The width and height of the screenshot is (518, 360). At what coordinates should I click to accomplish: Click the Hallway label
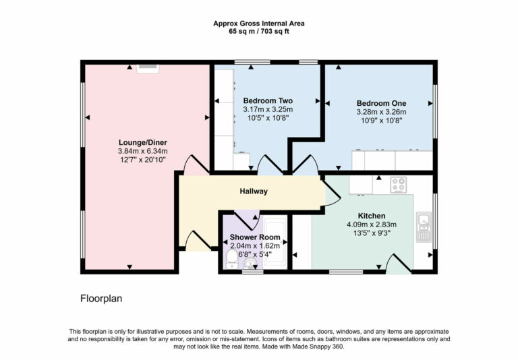pos(254,191)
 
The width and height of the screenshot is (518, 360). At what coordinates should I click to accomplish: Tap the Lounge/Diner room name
pos(142,142)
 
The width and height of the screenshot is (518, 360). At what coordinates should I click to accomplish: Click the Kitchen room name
pos(371,216)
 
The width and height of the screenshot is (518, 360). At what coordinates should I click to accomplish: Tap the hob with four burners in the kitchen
pos(398,183)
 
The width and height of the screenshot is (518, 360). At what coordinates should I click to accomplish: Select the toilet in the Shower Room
pos(231,258)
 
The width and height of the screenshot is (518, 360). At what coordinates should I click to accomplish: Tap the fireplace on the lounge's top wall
pos(148,67)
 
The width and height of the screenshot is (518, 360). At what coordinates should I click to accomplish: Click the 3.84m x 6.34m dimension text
pos(142,151)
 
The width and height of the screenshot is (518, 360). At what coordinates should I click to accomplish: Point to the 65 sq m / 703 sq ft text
pos(255,31)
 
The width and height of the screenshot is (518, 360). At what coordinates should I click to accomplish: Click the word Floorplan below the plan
pos(101,297)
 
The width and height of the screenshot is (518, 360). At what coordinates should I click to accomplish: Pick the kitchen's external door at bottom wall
pos(397,264)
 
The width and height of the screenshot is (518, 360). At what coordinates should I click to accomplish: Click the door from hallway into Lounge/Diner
pos(196,163)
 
